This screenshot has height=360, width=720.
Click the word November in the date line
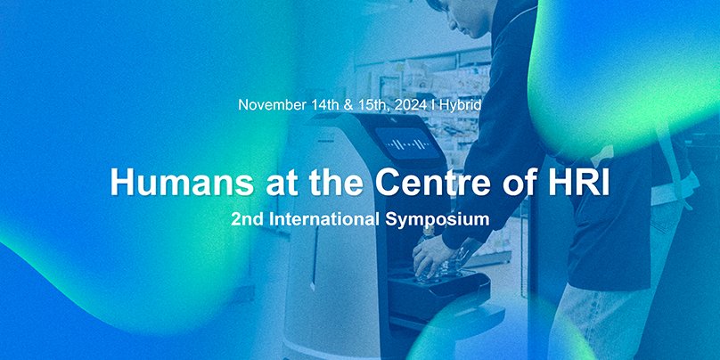273,105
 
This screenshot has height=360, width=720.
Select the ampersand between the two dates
350,105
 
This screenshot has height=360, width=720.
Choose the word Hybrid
461,105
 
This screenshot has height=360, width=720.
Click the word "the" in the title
314,181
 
